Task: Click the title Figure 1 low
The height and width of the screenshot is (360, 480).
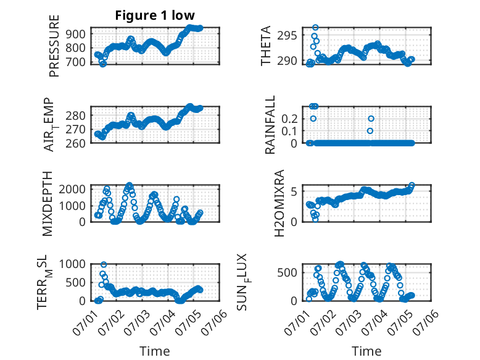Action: [x=155, y=15]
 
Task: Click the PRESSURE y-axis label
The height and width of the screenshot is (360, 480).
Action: [x=54, y=46]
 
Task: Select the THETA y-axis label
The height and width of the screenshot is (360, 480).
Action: [x=266, y=46]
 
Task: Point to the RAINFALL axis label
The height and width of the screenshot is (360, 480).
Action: [x=270, y=125]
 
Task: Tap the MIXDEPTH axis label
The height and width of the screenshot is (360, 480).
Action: [x=48, y=204]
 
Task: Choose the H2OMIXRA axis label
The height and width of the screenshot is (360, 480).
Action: [x=279, y=203]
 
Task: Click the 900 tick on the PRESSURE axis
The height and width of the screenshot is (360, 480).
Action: [x=76, y=34]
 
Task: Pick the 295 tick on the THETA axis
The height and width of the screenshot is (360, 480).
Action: [x=287, y=36]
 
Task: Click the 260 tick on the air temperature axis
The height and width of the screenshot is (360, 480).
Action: [x=76, y=143]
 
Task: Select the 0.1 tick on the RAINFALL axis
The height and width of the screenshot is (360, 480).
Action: [x=289, y=131]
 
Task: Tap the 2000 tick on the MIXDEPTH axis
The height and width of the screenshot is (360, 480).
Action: [x=72, y=189]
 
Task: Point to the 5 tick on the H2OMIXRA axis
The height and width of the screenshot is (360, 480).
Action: [x=294, y=192]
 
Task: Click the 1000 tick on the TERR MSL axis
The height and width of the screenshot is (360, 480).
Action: [x=72, y=264]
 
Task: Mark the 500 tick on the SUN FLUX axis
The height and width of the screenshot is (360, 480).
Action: [x=287, y=273]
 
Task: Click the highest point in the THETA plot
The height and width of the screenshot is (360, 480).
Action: [x=315, y=28]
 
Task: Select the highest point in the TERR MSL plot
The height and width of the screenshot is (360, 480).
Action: [x=104, y=264]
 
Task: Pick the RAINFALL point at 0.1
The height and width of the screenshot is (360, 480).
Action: [x=370, y=131]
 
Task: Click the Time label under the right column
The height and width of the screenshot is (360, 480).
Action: [x=366, y=351]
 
